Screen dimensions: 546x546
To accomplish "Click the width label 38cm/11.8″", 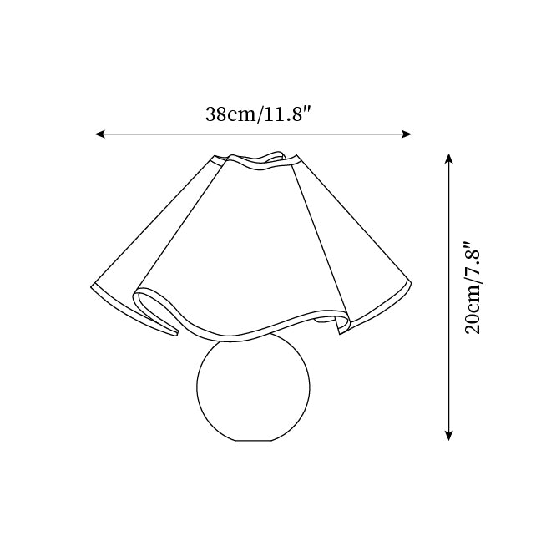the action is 258,114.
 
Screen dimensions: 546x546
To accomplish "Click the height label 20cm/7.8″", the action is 473,287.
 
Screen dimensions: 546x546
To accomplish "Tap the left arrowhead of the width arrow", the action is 100,134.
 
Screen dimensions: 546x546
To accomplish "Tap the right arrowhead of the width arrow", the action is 407,134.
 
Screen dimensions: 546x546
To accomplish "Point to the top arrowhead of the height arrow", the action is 449,159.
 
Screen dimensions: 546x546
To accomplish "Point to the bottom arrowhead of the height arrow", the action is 449,436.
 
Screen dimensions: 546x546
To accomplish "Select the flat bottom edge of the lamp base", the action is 254,441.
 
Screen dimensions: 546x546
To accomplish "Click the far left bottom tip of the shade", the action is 91,287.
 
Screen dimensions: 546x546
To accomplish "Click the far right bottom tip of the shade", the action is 411,281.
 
